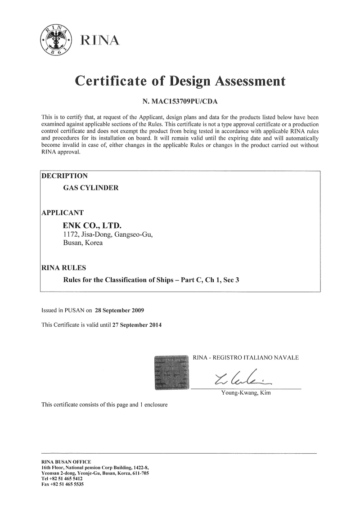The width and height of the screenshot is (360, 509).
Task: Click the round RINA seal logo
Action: click(x=57, y=40)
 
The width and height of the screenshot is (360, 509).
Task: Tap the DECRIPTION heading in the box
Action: click(x=64, y=176)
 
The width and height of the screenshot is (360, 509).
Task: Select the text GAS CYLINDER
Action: click(x=90, y=188)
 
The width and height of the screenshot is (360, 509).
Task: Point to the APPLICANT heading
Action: click(x=63, y=212)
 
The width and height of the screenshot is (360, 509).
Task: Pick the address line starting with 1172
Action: click(x=108, y=234)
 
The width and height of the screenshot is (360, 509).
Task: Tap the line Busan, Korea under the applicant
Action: click(x=82, y=243)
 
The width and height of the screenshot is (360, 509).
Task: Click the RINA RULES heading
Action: click(x=63, y=268)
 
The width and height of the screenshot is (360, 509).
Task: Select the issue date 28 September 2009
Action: click(x=120, y=310)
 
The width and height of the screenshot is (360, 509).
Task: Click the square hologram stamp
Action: click(x=171, y=372)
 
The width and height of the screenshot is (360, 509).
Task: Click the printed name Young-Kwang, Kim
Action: click(x=246, y=393)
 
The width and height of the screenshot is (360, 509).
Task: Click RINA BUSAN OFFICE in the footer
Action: click(x=66, y=462)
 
